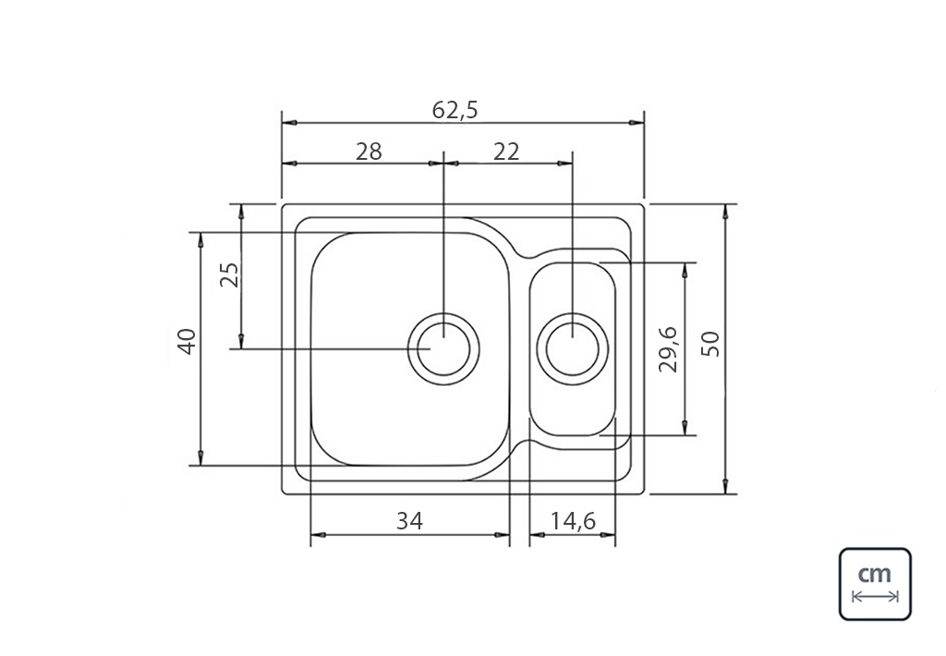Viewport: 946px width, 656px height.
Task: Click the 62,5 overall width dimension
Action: pos(455,110)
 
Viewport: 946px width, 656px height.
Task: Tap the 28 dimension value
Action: pos(369,152)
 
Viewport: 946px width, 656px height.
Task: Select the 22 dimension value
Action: pos(506,152)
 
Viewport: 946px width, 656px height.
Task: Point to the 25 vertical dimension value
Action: pos(230,275)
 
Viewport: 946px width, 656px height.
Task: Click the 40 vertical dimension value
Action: pos(187,342)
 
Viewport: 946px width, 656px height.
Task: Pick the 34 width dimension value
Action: pos(409,521)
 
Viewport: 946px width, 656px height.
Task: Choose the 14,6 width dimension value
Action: pos(573,521)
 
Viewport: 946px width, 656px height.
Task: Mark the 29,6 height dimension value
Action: pos(669,349)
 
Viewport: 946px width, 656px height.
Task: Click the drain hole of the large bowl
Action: pos(444,349)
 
